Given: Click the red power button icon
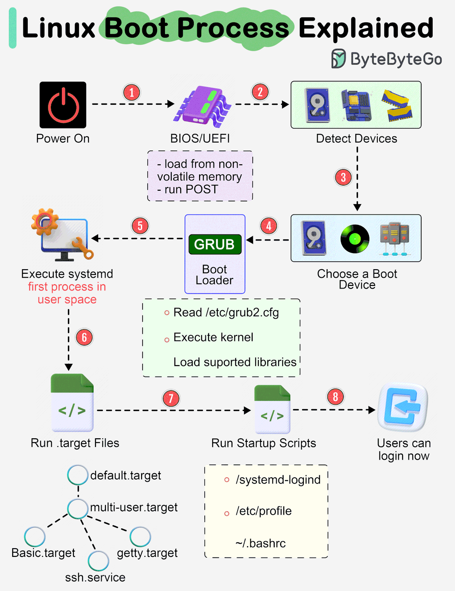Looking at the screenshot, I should click(63, 105).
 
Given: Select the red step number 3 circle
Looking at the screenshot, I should click(343, 177).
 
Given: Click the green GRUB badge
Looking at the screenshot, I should click(215, 244).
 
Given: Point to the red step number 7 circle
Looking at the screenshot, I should click(171, 398).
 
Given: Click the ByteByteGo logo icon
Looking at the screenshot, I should click(338, 59).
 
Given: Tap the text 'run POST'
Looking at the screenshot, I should click(191, 189).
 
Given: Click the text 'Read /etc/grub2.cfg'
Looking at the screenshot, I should click(226, 313).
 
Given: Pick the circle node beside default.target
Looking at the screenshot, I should click(78, 475).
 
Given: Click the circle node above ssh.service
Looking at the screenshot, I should click(98, 561).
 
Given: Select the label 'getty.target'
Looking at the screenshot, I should click(147, 553).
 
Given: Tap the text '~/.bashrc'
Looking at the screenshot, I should click(260, 543).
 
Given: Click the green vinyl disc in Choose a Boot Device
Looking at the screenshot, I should click(355, 239).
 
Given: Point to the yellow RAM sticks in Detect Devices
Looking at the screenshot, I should click(397, 105).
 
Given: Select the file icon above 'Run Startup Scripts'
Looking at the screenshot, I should click(272, 409).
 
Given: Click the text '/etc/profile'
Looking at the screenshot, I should click(263, 511).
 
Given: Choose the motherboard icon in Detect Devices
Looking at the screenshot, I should click(356, 105).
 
